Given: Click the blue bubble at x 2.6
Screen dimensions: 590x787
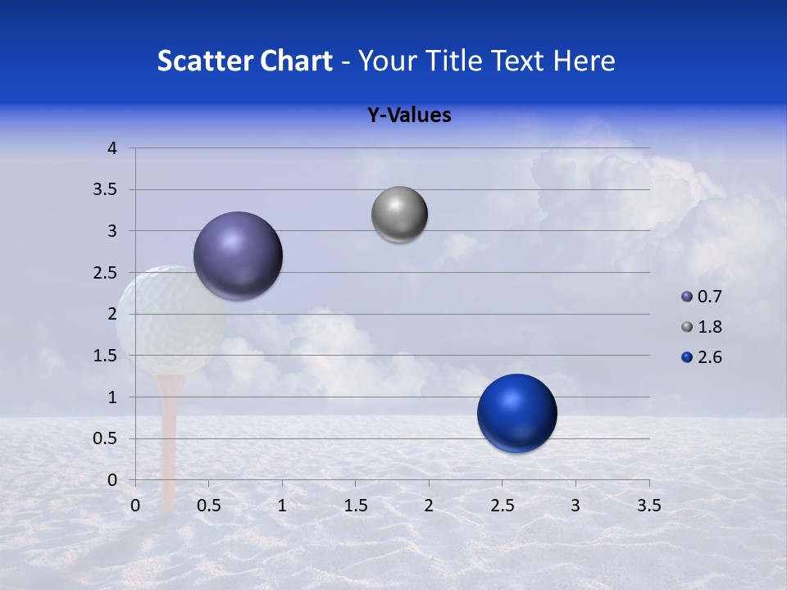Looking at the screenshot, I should tap(516, 413).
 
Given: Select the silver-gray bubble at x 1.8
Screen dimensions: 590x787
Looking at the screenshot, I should tap(399, 215).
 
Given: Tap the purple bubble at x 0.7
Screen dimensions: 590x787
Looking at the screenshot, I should tap(238, 256).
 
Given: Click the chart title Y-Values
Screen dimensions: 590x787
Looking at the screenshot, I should tap(408, 116).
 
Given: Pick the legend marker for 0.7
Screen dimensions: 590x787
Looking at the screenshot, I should tap(686, 297).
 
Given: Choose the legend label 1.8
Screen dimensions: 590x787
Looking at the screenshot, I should tap(709, 327).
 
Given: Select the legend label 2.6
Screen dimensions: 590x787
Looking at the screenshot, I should tap(709, 357).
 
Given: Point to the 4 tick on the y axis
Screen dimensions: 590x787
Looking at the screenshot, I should tap(112, 148).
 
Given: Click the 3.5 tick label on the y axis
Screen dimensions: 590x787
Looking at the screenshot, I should tap(106, 190).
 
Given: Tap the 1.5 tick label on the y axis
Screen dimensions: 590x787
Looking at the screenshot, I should tap(106, 356).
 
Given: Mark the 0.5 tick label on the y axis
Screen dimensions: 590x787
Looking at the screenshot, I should tap(106, 438).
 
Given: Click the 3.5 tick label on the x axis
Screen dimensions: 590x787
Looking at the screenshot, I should tap(648, 506).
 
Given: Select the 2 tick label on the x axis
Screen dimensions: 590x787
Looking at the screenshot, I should tap(428, 506).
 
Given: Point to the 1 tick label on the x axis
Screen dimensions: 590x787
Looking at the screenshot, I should tap(282, 506).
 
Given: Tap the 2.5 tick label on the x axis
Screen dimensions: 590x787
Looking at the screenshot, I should tap(502, 506).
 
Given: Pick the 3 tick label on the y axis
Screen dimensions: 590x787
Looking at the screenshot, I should tap(112, 231).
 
